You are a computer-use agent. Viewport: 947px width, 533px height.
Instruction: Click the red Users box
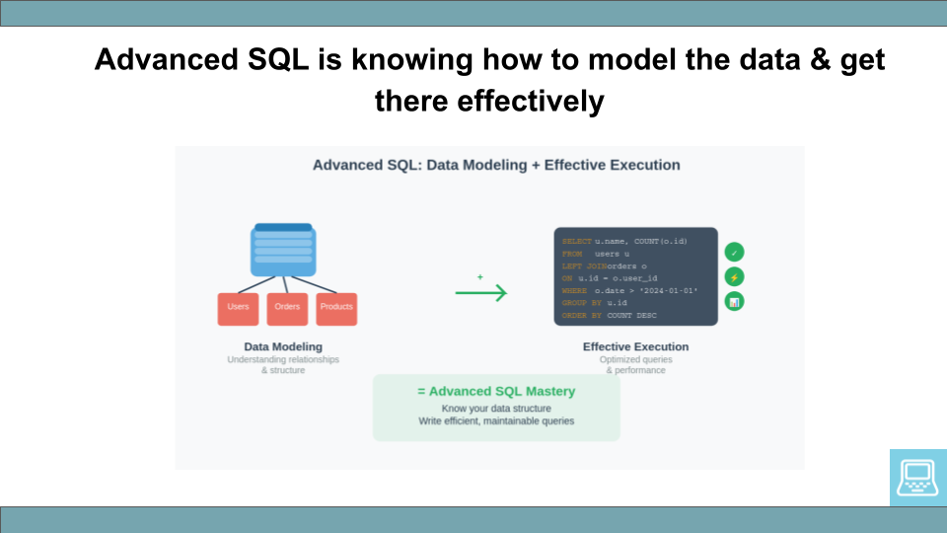(x=238, y=308)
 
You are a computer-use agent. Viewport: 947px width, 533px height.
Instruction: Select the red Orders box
(x=287, y=308)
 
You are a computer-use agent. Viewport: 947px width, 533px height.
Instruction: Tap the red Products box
(x=336, y=308)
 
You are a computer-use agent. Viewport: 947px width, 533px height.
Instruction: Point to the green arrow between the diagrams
(x=480, y=293)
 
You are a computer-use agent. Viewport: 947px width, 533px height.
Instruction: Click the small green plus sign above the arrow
(x=480, y=277)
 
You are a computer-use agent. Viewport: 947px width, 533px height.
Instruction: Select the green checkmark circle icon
(x=734, y=253)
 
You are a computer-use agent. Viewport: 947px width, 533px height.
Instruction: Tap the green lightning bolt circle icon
(x=734, y=277)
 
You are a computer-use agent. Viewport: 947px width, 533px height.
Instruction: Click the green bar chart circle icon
(x=734, y=302)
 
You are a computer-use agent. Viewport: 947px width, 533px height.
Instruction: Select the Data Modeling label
(x=283, y=346)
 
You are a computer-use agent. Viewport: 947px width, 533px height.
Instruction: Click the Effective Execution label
(x=635, y=346)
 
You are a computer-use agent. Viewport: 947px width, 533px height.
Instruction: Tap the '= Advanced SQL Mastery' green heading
(x=496, y=391)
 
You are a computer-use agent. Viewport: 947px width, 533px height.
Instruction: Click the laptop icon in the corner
(x=917, y=478)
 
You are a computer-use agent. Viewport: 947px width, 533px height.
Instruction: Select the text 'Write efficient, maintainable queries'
(x=496, y=421)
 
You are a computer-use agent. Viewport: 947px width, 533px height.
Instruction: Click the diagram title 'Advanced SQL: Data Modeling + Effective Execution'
(x=496, y=165)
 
